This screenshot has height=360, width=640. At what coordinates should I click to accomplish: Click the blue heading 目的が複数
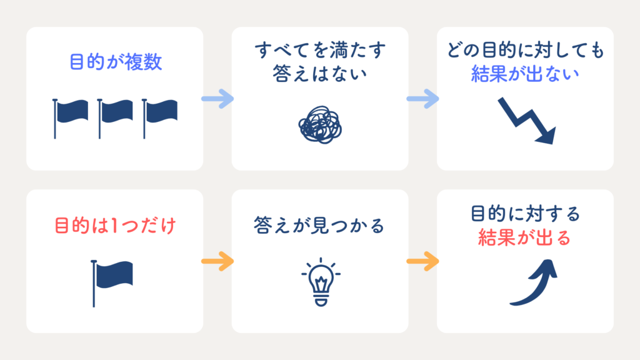point(116,62)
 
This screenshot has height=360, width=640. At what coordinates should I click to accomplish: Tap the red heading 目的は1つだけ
point(115,226)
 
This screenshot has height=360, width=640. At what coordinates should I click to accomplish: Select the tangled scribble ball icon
point(320,125)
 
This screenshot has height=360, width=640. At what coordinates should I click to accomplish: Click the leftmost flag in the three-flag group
point(70,118)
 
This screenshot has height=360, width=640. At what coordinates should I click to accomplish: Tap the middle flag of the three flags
point(115,118)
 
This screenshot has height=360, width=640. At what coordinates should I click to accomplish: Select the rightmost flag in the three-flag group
point(159,118)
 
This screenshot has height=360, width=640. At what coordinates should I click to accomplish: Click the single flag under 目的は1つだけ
point(112,283)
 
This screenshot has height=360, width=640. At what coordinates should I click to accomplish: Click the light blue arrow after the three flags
point(217,99)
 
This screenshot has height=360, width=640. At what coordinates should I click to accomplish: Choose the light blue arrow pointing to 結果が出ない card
point(423,99)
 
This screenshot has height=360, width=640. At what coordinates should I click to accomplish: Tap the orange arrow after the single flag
point(217,261)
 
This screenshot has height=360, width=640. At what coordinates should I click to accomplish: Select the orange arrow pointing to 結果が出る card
point(423,261)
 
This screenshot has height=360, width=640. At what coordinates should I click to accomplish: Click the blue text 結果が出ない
point(525,74)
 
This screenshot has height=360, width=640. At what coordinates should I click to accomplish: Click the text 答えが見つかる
point(319,225)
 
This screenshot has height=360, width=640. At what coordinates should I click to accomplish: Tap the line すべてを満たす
point(320,50)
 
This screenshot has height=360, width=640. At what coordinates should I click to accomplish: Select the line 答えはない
point(319,74)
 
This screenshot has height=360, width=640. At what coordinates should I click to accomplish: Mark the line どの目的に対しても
point(525,50)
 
